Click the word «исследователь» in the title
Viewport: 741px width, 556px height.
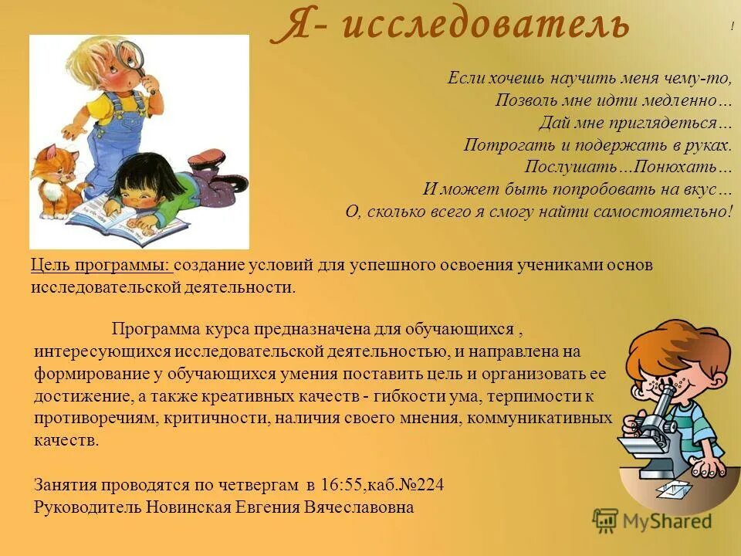pos(485,25)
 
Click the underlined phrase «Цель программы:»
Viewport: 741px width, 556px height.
pos(101,266)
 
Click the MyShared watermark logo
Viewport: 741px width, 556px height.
pos(653,521)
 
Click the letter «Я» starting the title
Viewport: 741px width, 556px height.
pos(287,25)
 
